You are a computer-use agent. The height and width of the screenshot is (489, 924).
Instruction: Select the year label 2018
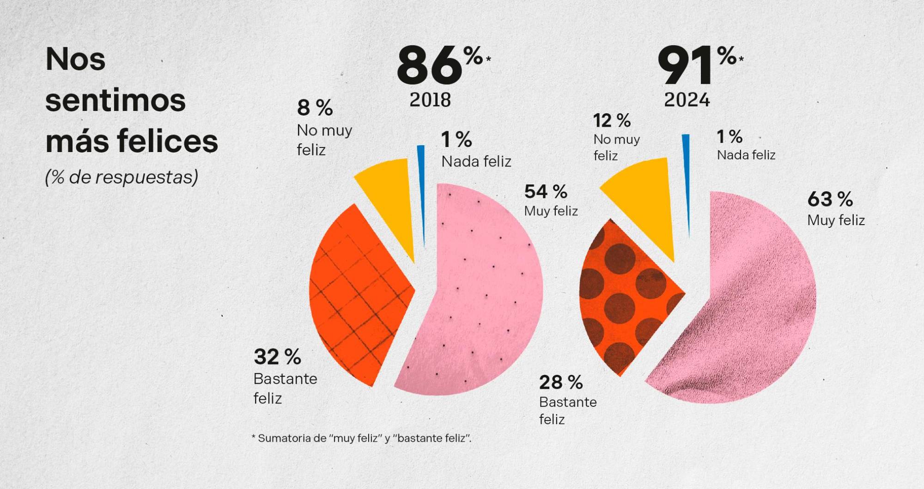[x=430, y=100]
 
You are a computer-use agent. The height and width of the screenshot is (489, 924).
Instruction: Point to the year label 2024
[x=687, y=100]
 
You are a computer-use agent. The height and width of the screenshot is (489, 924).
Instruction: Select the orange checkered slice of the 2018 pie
[x=356, y=291]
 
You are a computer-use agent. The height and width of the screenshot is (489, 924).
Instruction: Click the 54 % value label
[x=546, y=191]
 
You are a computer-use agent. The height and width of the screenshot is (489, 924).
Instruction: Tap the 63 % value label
[x=830, y=199]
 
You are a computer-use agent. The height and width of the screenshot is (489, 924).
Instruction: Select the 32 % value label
[x=277, y=357]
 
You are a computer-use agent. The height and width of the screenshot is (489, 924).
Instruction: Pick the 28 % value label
[x=560, y=382]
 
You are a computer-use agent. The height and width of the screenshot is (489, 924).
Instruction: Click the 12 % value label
[x=612, y=121]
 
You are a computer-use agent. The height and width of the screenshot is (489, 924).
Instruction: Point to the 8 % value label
[x=315, y=108]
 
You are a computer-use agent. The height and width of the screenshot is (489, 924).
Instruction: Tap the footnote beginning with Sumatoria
[x=361, y=438]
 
